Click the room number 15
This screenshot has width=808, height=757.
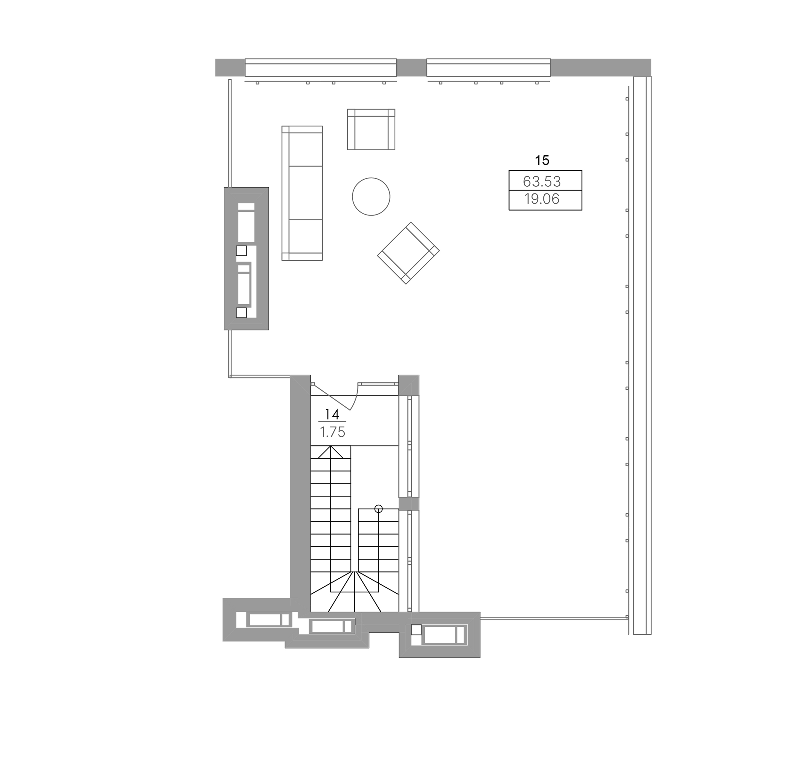coord(542,160)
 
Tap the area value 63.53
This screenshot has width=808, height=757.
coord(542,181)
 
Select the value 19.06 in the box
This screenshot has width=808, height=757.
coord(542,199)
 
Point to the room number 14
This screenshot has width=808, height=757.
coord(332,414)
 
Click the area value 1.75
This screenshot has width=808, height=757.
coord(333,432)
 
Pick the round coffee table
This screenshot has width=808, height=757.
coord(371,197)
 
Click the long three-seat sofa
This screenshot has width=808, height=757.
coord(302,193)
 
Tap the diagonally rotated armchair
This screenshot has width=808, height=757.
coord(408,253)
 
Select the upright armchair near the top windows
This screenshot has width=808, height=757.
coord(371,129)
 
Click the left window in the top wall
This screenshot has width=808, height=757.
coord(321,68)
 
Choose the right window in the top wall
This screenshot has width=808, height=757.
coord(489,68)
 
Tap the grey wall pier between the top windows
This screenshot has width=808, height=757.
coord(411,68)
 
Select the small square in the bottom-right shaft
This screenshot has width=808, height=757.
coord(416,630)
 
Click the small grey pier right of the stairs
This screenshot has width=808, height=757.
coord(408,504)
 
